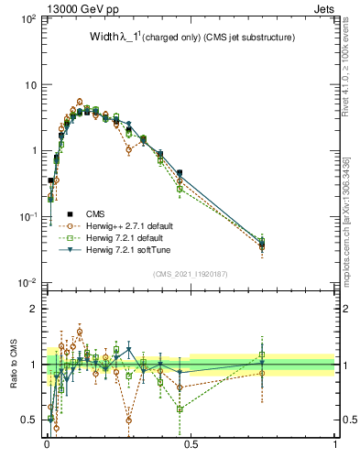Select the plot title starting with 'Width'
(179, 38)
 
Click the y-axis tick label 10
(29, 85)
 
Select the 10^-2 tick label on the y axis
(27, 283)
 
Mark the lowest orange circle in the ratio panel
(57, 428)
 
